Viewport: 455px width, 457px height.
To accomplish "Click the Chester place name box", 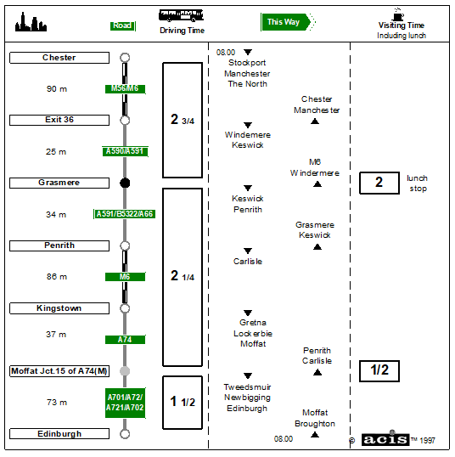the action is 59,58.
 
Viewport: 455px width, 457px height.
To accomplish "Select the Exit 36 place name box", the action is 59,120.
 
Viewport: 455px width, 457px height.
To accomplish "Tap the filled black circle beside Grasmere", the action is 125,183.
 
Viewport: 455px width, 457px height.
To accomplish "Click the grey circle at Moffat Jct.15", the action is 125,371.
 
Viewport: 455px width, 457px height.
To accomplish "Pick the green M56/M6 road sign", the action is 125,88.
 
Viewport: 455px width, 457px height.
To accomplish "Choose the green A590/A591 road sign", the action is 125,151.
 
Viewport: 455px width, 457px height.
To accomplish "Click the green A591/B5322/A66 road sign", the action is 125,214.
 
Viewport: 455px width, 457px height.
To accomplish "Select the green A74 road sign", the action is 125,340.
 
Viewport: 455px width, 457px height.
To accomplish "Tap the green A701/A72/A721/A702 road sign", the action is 126,403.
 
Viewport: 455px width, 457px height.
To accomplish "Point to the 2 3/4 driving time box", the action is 183,120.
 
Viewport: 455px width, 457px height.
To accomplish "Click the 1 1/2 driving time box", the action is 183,403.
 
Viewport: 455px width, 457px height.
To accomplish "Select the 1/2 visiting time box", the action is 379,371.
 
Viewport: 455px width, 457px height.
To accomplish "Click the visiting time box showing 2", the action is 379,183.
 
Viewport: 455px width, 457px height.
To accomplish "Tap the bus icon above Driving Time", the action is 181,16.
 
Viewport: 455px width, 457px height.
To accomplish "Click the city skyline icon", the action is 31,22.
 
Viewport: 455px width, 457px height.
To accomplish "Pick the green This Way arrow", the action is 288,22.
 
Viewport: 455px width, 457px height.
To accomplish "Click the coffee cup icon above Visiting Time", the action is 398,14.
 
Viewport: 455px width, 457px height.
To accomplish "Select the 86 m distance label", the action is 57,277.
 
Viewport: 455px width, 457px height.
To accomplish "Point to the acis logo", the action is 385,439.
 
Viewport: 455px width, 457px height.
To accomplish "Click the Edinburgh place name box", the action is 59,434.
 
